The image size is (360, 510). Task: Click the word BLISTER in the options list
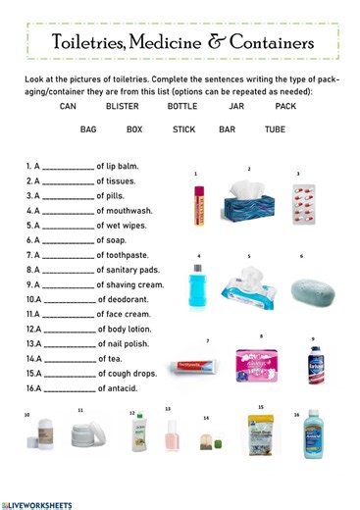pos(123,106)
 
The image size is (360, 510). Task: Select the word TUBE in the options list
pos(275,128)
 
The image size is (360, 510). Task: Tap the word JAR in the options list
pos(235,106)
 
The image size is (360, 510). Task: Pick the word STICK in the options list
pos(184,128)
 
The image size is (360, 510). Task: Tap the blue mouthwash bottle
pos(200,288)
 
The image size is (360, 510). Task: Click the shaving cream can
pos(314,366)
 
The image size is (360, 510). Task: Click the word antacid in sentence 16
pos(118,388)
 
